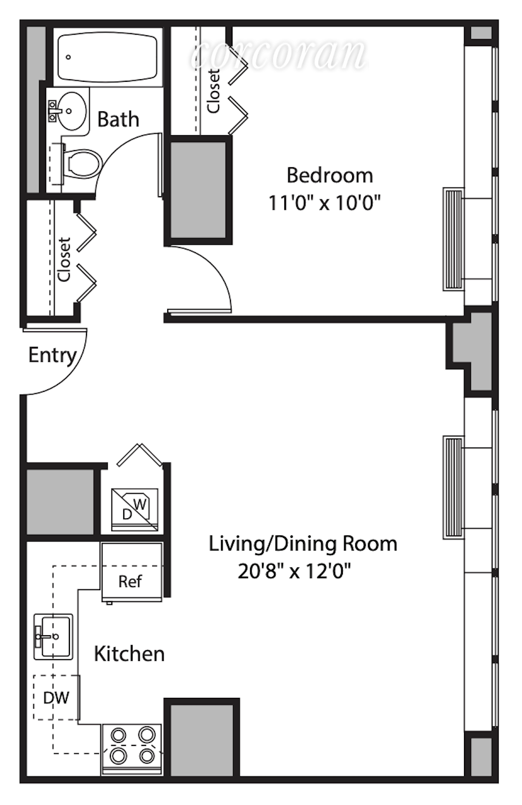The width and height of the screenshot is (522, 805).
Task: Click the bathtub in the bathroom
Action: pos(108,57)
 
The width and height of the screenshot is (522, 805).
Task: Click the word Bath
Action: pos(118,119)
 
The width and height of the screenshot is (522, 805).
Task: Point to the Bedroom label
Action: pos(330,175)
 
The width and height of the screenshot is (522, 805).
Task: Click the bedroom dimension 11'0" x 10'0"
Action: pos(324,203)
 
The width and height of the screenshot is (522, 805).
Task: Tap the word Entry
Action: pos(53,356)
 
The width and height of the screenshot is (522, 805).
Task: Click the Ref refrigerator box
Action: pos(132,572)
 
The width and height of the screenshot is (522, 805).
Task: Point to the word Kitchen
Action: pos(129,654)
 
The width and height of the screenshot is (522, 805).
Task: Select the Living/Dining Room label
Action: pos(303,544)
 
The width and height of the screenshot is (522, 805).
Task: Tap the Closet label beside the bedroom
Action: pos(213,91)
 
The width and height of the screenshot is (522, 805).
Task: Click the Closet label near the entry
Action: pos(64,259)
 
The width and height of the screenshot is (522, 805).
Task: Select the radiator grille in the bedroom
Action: pos(453,239)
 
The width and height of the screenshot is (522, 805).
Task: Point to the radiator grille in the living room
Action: pos(453,488)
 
